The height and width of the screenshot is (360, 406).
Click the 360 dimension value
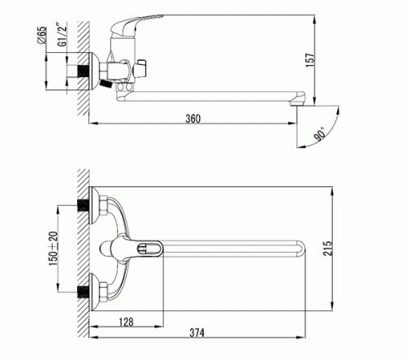pyautogui.click(x=193, y=119)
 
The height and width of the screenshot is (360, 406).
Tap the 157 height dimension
pyautogui.click(x=310, y=60)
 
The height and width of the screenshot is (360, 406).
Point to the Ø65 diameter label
pyautogui.click(x=41, y=35)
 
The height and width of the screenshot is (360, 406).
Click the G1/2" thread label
pyautogui.click(x=63, y=36)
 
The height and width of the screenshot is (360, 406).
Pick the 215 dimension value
pyautogui.click(x=327, y=248)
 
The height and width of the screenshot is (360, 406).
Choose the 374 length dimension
pyautogui.click(x=197, y=332)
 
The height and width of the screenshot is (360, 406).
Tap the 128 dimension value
pyautogui.click(x=126, y=322)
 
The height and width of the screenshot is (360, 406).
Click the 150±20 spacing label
pyautogui.click(x=54, y=249)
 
